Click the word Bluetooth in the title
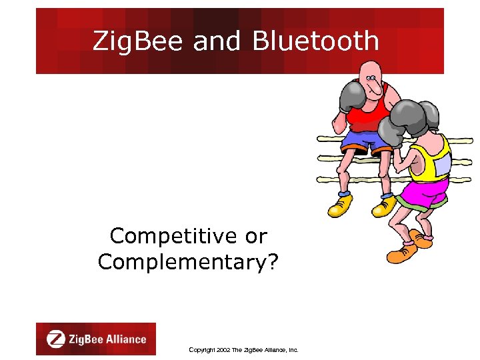click(x=315, y=41)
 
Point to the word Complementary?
click(x=189, y=261)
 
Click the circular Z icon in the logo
click(x=56, y=339)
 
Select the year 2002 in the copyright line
click(x=223, y=349)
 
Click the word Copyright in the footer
click(x=201, y=349)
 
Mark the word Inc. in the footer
click(x=291, y=349)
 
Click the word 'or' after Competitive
click(x=256, y=236)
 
